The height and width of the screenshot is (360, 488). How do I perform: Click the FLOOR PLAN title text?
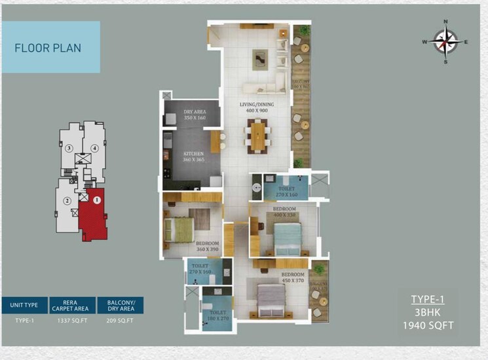[48, 48]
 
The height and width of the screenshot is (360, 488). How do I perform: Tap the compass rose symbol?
[445, 42]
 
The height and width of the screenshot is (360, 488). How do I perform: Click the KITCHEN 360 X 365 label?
[195, 158]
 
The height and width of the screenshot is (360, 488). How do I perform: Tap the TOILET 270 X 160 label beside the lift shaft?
[286, 192]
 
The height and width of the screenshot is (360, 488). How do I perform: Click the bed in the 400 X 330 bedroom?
[285, 234]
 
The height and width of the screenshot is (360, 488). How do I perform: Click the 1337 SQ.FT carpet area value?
[74, 321]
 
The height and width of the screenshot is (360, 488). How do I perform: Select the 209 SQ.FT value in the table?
[120, 321]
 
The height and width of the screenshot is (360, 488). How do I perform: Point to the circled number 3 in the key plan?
[69, 148]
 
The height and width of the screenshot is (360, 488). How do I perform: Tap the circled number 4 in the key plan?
[95, 148]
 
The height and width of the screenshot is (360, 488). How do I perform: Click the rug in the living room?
[260, 60]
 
